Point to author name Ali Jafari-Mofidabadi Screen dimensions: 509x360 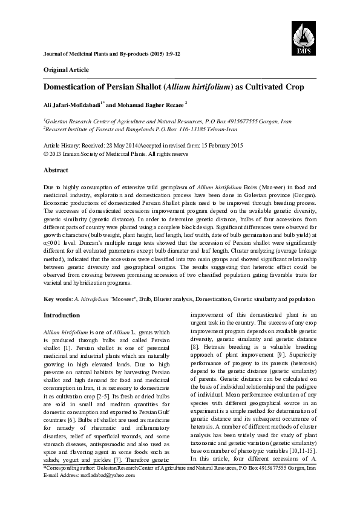tap(72, 105)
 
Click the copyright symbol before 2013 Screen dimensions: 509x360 tap(47, 154)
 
